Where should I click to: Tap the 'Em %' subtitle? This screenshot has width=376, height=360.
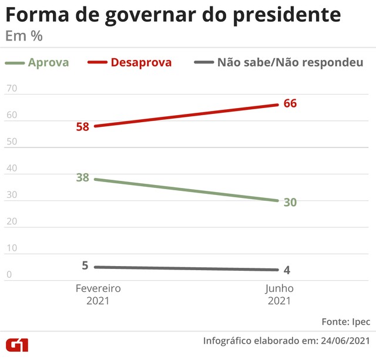(x=23, y=36)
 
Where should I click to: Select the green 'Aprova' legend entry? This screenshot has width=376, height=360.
(x=38, y=62)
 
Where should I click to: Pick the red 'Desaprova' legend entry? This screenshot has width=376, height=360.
(x=130, y=62)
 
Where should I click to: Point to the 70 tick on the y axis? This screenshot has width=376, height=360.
(x=11, y=89)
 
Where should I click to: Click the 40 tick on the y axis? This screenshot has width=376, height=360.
(x=11, y=169)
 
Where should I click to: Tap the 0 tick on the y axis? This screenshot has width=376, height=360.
(x=8, y=274)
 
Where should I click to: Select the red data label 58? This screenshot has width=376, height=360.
(x=82, y=126)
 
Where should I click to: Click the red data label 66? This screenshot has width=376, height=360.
(x=290, y=103)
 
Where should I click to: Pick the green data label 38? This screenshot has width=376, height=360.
(x=82, y=177)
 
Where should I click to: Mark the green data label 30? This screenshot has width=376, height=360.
(x=290, y=202)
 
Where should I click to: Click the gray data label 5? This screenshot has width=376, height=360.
(x=85, y=265)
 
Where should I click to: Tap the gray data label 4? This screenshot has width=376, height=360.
(x=287, y=270)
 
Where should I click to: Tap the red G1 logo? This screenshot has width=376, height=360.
(x=18, y=345)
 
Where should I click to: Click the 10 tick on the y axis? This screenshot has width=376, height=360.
(x=11, y=248)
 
